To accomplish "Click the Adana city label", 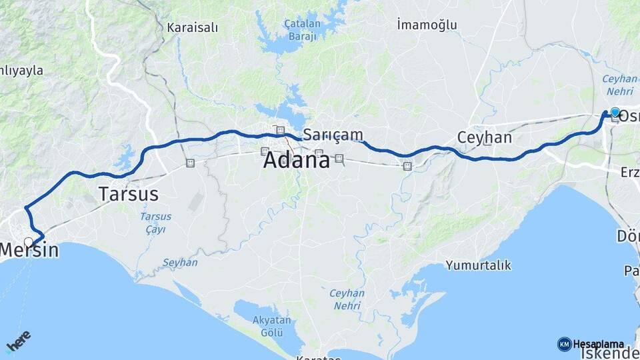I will [x=296, y=160].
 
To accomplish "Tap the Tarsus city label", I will [x=128, y=194].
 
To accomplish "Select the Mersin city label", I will [x=29, y=251].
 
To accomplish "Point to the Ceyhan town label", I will [x=484, y=138].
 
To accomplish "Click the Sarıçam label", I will [x=333, y=135].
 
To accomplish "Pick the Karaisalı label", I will [x=193, y=28].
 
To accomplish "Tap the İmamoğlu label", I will [x=427, y=25].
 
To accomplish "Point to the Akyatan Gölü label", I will [x=271, y=326].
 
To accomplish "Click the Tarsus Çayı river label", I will [x=155, y=223].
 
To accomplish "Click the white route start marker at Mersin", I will [x=29, y=241].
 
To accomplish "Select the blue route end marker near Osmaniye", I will [x=615, y=113].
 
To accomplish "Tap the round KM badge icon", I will [x=564, y=344].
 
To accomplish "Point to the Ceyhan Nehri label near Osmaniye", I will [x=620, y=84].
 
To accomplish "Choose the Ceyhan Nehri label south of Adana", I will [x=347, y=299].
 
